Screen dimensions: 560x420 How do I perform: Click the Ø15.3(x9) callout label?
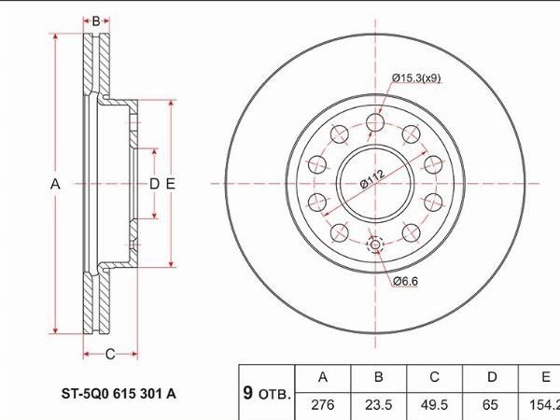[416, 77]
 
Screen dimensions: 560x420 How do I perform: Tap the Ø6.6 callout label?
[405, 282]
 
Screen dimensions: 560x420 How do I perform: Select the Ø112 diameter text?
[372, 178]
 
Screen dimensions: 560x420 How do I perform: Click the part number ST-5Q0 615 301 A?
[119, 394]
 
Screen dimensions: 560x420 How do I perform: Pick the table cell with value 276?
[323, 405]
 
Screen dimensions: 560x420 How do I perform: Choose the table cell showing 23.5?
[378, 405]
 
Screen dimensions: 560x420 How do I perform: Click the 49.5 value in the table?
[434, 405]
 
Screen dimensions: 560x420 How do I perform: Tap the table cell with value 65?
[490, 405]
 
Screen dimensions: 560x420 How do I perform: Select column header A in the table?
[323, 377]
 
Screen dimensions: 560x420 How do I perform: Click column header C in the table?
[434, 377]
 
